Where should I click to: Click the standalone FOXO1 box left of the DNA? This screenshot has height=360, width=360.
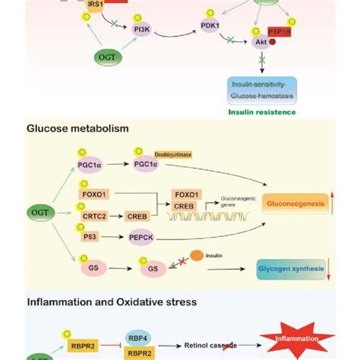(93, 184)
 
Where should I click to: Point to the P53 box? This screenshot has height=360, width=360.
(90, 236)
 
